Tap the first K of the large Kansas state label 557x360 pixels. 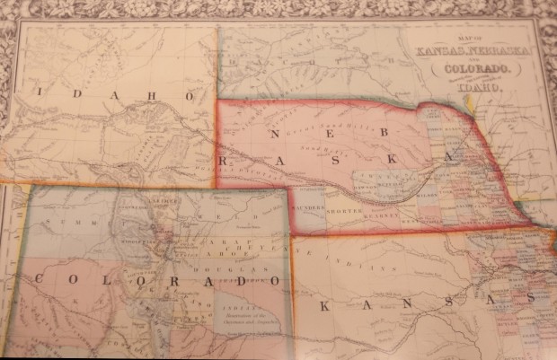(x=325, y=306)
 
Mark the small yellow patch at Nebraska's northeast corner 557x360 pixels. (x=470, y=101)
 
